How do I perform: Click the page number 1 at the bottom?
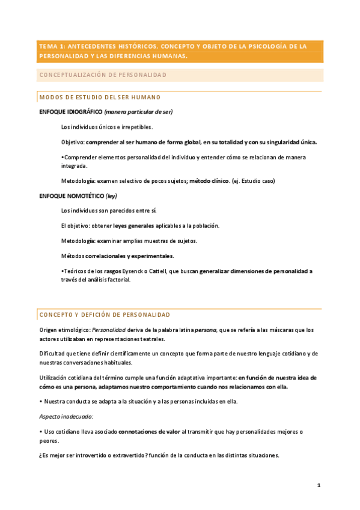pyautogui.click(x=319, y=485)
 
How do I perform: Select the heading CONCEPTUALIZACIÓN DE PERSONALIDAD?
pyautogui.click(x=102, y=75)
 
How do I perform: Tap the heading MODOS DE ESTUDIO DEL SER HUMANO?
pyautogui.click(x=99, y=97)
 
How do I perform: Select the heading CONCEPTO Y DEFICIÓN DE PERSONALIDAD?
pyautogui.click(x=105, y=315)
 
